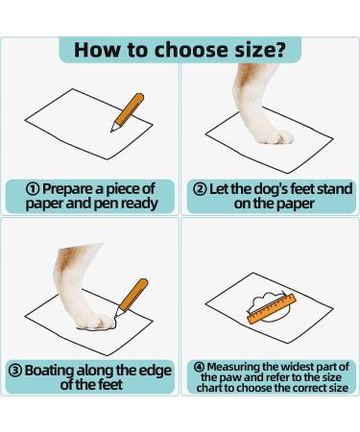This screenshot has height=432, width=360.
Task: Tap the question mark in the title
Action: pos(279,49)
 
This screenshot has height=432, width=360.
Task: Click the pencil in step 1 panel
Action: pos(128,112)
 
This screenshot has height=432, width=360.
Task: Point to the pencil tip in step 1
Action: pos(111,131)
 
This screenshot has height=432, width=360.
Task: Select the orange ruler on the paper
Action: pos(272,309)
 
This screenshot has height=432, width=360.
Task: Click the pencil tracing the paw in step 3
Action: pos(132,299)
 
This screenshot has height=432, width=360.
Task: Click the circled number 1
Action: pos(33,189)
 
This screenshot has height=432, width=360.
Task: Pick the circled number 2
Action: pos(201,189)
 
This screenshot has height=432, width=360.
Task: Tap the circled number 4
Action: pos(200,367)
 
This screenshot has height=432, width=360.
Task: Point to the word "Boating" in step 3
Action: pos(50,372)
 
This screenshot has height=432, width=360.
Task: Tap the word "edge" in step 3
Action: pos(157,371)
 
